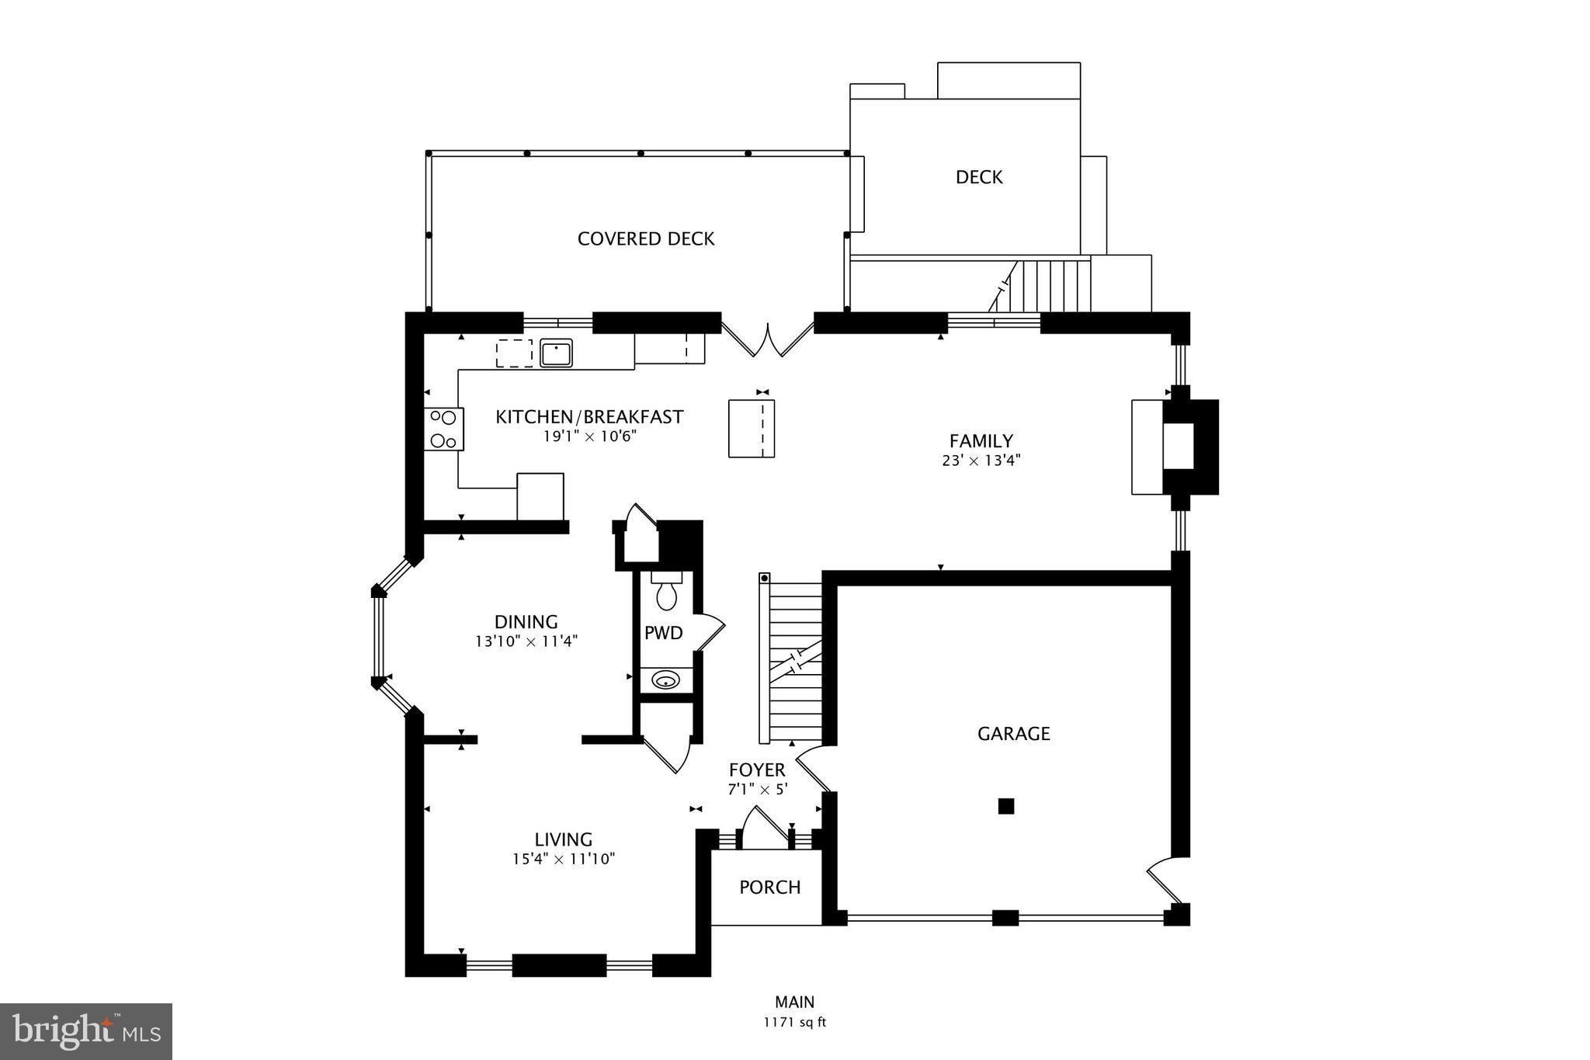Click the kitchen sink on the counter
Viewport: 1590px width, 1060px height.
click(x=556, y=353)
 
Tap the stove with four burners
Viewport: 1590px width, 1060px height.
click(x=443, y=429)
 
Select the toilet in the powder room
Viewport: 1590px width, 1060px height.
click(x=666, y=593)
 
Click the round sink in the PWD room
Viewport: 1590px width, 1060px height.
click(x=665, y=681)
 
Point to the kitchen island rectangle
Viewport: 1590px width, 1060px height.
click(x=751, y=428)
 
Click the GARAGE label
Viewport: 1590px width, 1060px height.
click(x=1013, y=734)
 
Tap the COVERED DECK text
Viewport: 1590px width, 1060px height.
click(x=645, y=239)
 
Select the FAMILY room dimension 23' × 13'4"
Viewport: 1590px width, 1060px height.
click(x=981, y=460)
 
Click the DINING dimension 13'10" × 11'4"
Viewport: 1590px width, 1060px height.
click(x=526, y=641)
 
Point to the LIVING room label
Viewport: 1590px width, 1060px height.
click(x=563, y=839)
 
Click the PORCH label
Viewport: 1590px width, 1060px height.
click(x=769, y=888)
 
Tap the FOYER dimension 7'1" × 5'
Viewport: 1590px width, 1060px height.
click(x=757, y=789)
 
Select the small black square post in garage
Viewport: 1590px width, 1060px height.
click(x=1005, y=806)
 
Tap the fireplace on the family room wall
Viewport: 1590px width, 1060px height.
click(x=1189, y=447)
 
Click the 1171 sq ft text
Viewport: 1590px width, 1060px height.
click(x=794, y=1023)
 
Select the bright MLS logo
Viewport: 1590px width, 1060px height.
click(x=86, y=1032)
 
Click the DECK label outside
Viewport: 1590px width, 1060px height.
click(x=978, y=178)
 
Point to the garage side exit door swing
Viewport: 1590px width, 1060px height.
click(x=1165, y=879)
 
